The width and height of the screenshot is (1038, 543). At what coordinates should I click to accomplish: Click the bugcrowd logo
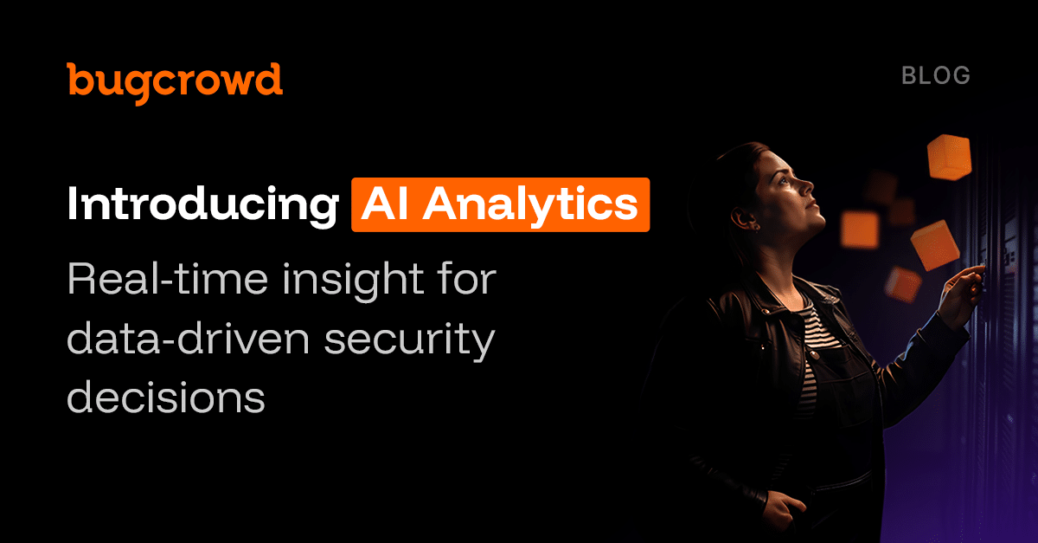point(175,80)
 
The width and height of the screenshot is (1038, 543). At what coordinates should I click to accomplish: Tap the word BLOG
point(936,75)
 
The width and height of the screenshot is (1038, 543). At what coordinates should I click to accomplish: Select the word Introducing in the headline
point(202,204)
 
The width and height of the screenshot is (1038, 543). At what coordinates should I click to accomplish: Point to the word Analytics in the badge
point(529,204)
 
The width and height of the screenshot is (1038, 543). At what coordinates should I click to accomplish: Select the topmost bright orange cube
point(949,157)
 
